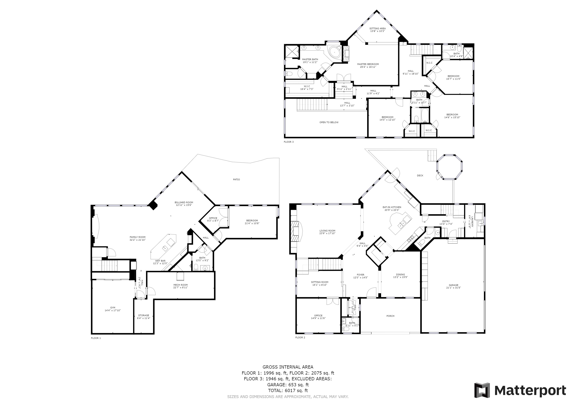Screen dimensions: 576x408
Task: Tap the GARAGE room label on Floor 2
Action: (x=453, y=285)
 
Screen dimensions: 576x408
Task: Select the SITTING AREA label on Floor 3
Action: (x=377, y=28)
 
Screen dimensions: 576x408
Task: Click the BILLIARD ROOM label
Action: (x=184, y=202)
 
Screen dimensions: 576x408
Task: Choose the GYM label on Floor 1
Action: (x=113, y=308)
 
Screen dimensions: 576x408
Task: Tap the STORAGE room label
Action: (x=143, y=315)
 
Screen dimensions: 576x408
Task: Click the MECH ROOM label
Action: (x=180, y=285)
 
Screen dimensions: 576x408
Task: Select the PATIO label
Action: (x=236, y=179)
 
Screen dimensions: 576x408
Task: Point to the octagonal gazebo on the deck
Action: (x=449, y=167)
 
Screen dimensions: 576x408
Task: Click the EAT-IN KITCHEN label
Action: (x=392, y=207)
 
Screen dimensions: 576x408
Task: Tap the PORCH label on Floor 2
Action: (x=390, y=316)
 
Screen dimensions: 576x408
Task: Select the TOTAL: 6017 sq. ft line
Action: (x=288, y=390)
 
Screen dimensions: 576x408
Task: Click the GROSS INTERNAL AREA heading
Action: (x=288, y=367)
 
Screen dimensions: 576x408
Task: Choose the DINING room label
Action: (x=400, y=275)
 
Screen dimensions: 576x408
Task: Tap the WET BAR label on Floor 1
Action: (x=160, y=261)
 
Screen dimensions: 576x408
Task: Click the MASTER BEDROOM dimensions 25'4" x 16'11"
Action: (x=368, y=67)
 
